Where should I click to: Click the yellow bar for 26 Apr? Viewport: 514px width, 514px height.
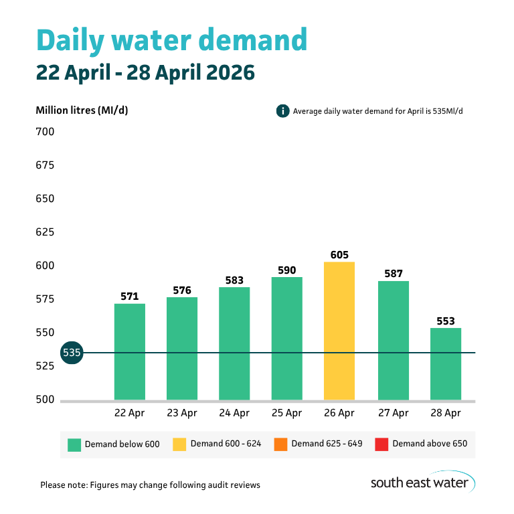(x=339, y=331)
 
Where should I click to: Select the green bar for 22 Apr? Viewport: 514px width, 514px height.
(x=129, y=351)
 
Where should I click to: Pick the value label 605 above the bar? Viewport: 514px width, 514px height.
(x=339, y=255)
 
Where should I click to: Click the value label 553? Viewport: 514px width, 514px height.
(x=445, y=321)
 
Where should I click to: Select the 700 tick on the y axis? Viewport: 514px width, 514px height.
(x=45, y=132)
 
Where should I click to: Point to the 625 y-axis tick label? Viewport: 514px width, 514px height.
(x=45, y=232)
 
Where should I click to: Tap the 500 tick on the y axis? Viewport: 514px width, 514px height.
(x=45, y=400)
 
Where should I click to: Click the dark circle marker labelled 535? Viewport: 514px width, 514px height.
(x=72, y=352)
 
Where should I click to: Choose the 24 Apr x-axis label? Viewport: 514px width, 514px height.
(x=234, y=413)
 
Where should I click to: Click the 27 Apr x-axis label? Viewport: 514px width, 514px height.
(x=392, y=413)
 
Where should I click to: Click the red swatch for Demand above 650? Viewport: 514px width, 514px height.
(x=381, y=444)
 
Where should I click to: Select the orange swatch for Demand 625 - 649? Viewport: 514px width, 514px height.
(x=280, y=444)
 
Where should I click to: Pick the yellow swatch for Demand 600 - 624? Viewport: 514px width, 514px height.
(x=179, y=444)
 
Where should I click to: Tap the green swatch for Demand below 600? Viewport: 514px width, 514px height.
(x=74, y=444)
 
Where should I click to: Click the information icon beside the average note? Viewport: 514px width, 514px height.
(x=282, y=111)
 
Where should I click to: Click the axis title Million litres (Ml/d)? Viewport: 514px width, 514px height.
(x=82, y=110)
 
